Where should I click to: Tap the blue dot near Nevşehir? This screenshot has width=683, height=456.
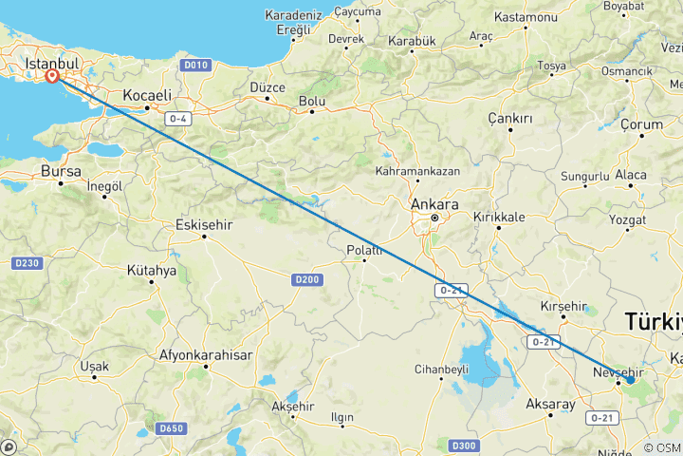click(630, 380)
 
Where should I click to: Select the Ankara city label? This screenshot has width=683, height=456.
click(435, 204)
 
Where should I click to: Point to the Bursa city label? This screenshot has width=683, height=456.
click(62, 171)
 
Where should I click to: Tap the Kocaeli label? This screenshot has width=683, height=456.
click(147, 95)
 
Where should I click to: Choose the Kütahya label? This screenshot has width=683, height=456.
click(152, 270)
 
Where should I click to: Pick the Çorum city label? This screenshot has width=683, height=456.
click(641, 124)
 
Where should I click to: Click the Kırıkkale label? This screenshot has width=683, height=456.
click(499, 217)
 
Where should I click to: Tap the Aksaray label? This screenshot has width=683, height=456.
click(550, 404)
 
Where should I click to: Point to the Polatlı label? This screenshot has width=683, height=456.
click(364, 250)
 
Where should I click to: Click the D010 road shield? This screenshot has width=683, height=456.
click(196, 65)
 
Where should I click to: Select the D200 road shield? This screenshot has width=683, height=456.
click(306, 279)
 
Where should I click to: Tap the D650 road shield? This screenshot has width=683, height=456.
click(172, 428)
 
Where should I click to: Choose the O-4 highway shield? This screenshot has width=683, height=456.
click(178, 118)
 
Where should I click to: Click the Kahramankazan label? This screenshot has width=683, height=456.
click(417, 172)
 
